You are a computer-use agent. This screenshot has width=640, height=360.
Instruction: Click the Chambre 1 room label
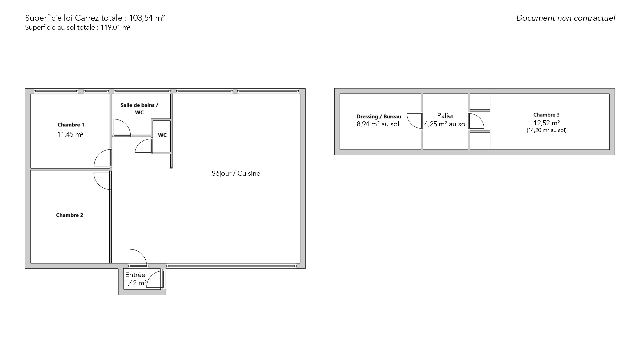71,125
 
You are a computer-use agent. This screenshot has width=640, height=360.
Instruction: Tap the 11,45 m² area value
70,134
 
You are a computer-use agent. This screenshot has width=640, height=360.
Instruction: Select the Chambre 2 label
69,215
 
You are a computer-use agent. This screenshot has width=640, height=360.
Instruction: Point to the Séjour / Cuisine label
236,173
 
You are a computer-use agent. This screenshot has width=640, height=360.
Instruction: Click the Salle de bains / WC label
139,109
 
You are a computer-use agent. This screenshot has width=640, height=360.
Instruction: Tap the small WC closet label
162,135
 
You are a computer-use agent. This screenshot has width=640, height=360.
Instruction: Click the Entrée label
135,275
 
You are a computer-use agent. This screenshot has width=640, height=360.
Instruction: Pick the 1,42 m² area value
135,283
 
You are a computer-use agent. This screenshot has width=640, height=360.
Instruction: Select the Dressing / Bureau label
379,116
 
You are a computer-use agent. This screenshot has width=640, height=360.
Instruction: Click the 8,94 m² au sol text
378,124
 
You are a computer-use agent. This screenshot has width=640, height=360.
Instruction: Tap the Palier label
446,116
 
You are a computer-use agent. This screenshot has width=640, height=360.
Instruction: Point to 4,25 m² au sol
445,124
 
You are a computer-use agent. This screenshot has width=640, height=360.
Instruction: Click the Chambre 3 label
546,115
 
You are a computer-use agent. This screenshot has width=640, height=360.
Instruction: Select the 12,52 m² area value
547,123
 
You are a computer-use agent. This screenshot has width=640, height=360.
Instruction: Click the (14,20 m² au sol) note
547,130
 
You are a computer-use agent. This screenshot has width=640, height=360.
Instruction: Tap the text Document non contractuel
566,18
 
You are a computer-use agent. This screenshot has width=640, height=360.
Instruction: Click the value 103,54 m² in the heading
147,18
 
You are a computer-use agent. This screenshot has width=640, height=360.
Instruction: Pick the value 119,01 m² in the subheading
116,27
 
